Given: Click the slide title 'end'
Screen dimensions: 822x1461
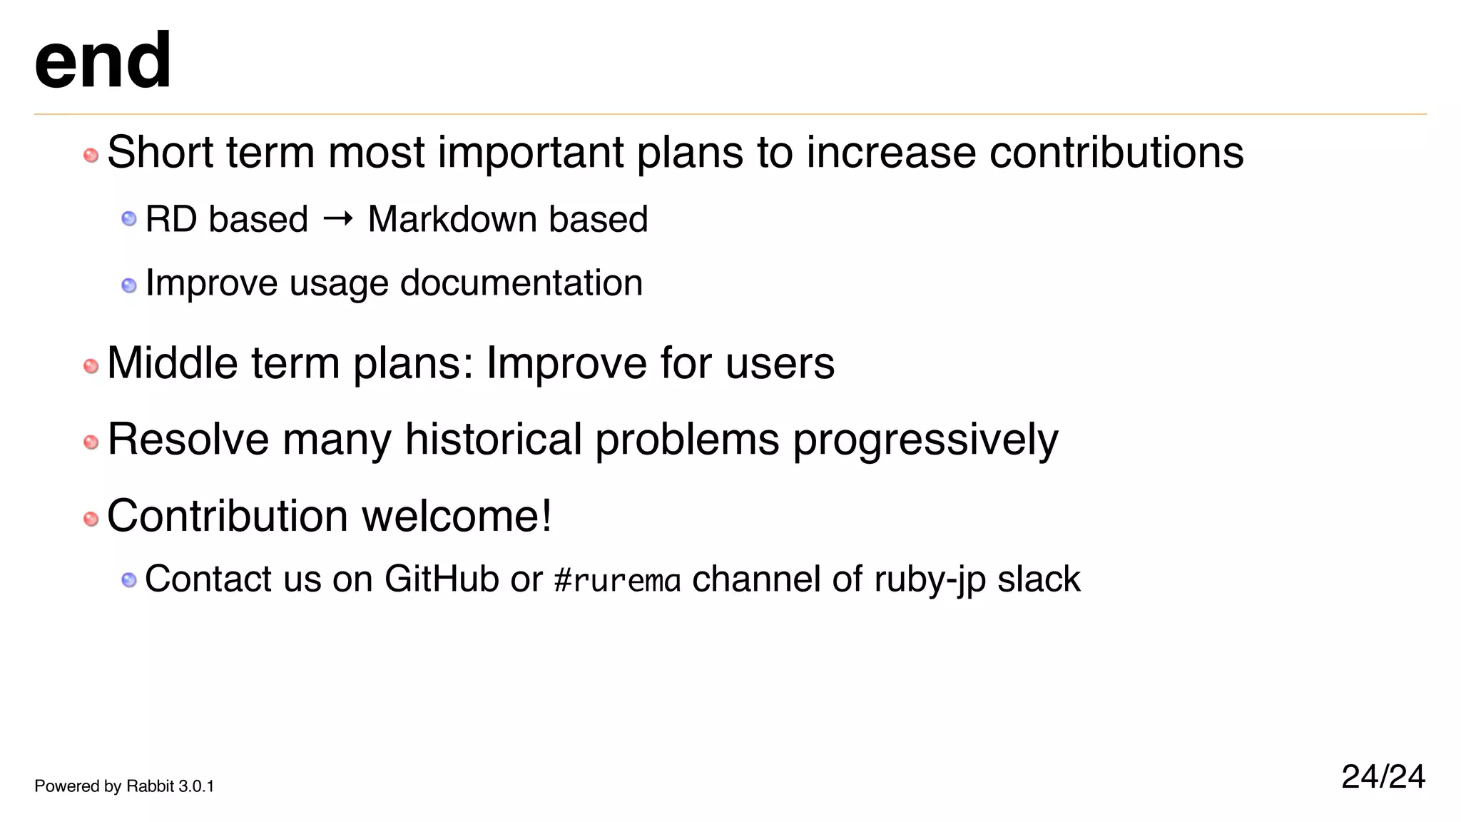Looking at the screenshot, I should [103, 61].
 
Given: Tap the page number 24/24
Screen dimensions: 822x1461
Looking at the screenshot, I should [1383, 776].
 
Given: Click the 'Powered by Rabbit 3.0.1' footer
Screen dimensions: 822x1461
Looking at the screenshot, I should [124, 786].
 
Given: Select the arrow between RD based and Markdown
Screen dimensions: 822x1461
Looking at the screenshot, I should [337, 218].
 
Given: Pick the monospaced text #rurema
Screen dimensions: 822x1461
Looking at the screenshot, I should [617, 580].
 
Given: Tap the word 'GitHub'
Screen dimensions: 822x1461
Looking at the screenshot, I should [441, 579].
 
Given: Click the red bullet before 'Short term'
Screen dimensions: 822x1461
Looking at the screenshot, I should [91, 155].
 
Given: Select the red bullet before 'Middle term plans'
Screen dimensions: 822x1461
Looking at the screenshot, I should [91, 366].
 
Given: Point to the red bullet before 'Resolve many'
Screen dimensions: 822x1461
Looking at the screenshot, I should [91, 442].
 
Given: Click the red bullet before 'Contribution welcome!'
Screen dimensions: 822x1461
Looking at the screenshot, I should [91, 519].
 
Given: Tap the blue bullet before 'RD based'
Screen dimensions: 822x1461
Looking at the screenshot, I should [129, 218].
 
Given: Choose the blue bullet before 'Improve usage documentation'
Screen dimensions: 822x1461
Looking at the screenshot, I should [129, 285].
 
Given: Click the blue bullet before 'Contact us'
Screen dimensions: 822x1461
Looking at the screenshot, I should [129, 580].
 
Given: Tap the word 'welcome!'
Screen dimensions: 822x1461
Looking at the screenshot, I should [457, 516].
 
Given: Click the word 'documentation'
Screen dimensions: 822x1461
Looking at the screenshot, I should [521, 283].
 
